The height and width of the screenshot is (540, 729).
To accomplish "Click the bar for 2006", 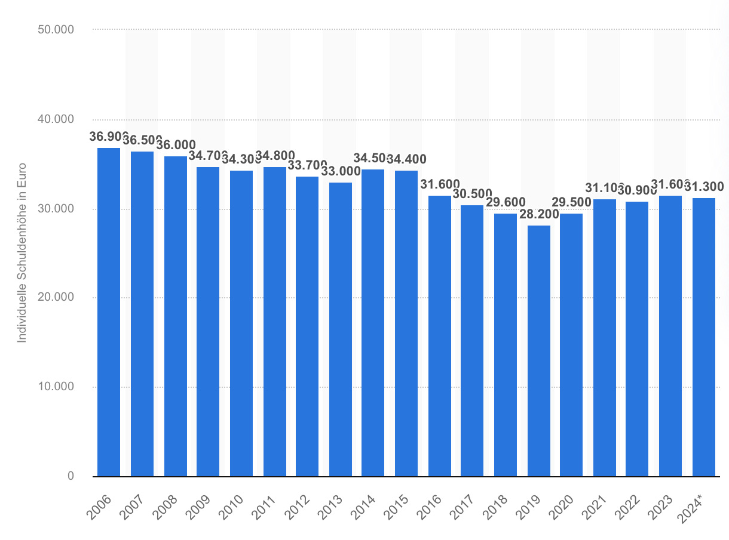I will coord(109,312).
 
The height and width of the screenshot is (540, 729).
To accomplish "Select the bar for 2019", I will coord(538,351).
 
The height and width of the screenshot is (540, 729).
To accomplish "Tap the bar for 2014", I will coord(373,323).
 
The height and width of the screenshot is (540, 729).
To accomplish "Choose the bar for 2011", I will coord(274,322).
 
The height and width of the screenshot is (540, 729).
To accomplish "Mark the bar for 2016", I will coord(439,336).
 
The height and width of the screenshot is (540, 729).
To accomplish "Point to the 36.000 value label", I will coord(176,145).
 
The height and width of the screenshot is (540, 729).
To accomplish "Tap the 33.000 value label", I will coord(340,171).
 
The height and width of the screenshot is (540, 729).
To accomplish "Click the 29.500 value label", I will coord(571,202).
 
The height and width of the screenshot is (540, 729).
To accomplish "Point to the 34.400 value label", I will coord(406,159).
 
